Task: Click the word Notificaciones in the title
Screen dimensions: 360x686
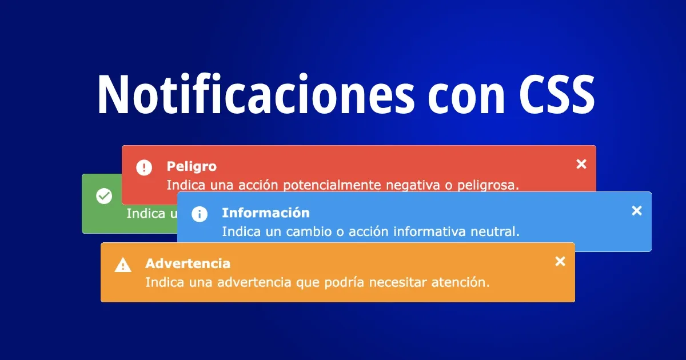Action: tap(255, 94)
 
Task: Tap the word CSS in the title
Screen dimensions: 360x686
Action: tap(557, 94)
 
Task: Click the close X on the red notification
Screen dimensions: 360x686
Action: tap(581, 165)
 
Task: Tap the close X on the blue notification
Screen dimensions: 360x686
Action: tap(637, 211)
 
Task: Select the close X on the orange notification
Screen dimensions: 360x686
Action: tap(560, 262)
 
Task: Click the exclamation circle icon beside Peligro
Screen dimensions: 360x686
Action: tap(144, 168)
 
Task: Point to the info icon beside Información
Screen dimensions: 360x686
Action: tap(200, 214)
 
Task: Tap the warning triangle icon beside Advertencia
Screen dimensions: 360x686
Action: tap(123, 265)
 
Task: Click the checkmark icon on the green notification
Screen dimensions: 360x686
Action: tap(104, 197)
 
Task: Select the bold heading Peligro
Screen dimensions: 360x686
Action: tap(192, 166)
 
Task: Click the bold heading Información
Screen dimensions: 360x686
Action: tap(266, 213)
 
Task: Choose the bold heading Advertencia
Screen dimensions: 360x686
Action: tap(188, 263)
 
